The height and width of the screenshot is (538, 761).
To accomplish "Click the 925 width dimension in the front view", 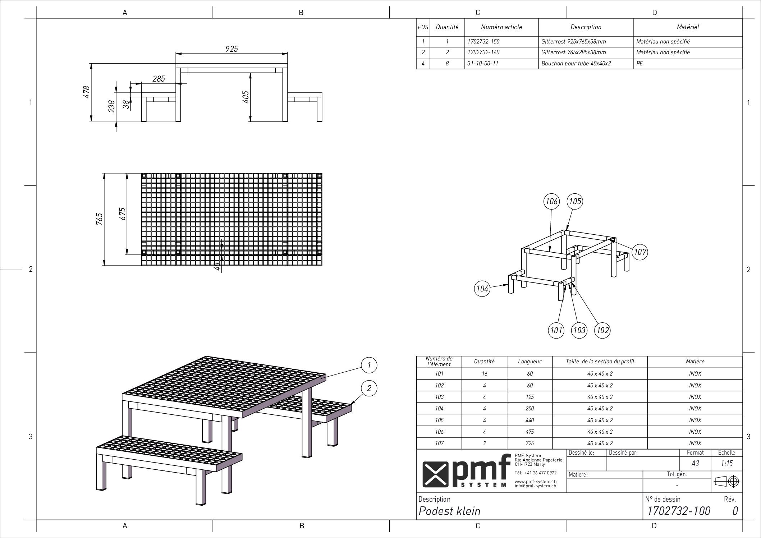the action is pyautogui.click(x=232, y=49).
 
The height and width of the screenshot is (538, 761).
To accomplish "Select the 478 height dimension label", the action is pyautogui.click(x=86, y=92).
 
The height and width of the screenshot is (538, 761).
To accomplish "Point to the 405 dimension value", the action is pyautogui.click(x=246, y=97).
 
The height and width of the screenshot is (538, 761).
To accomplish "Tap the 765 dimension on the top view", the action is pyautogui.click(x=100, y=219).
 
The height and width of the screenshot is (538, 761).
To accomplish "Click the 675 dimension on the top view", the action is pyautogui.click(x=123, y=214).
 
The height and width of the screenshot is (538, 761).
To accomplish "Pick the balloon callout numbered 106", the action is pyautogui.click(x=551, y=201).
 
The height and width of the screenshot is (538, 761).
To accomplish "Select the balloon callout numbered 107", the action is pyautogui.click(x=640, y=252).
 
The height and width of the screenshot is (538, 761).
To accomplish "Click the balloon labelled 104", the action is pyautogui.click(x=482, y=289).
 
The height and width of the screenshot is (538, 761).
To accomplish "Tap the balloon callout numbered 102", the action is pyautogui.click(x=602, y=330).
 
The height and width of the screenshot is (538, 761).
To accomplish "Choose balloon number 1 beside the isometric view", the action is pyautogui.click(x=369, y=365).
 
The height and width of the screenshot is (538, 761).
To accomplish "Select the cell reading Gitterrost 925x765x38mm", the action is pyautogui.click(x=573, y=42).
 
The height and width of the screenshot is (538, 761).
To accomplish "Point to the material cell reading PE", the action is pyautogui.click(x=639, y=64).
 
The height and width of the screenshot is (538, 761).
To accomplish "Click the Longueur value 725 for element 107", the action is pyautogui.click(x=530, y=443).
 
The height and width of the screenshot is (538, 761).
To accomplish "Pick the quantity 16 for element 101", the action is pyautogui.click(x=485, y=374).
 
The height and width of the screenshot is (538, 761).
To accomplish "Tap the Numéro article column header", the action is pyautogui.click(x=501, y=27).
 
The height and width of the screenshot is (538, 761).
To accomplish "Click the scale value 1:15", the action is pyautogui.click(x=727, y=464).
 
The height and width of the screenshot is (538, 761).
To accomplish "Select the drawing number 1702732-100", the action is pyautogui.click(x=679, y=511).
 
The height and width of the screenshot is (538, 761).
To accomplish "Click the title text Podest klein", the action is pyautogui.click(x=449, y=511).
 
